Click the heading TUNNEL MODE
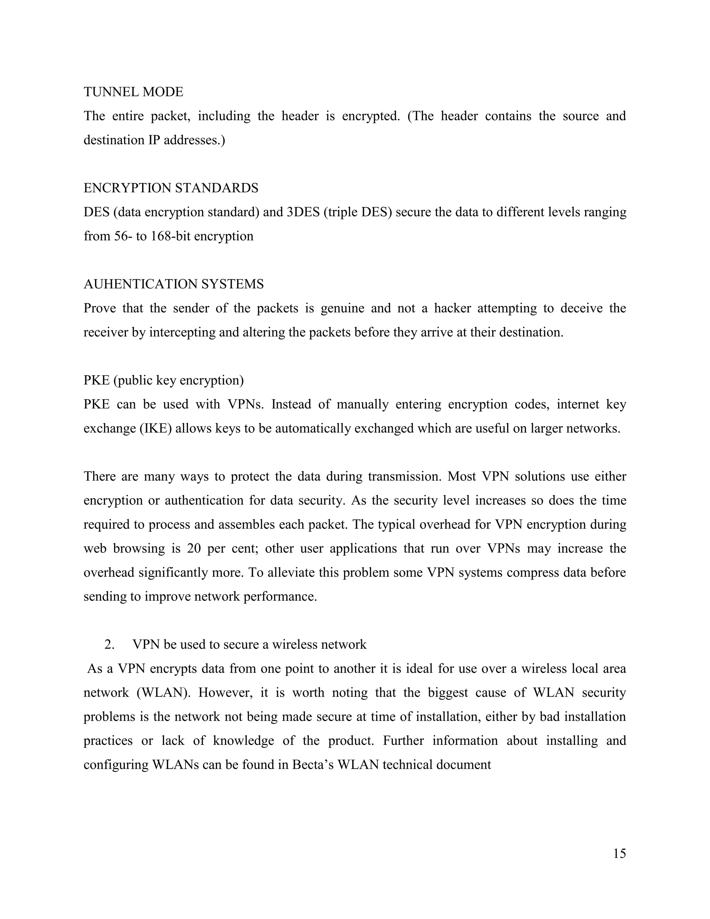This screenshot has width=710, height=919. [133, 92]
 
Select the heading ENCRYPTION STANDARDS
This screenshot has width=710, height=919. [171, 188]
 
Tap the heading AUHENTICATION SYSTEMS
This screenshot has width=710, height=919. [173, 284]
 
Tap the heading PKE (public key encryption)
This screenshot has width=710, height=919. [164, 380]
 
